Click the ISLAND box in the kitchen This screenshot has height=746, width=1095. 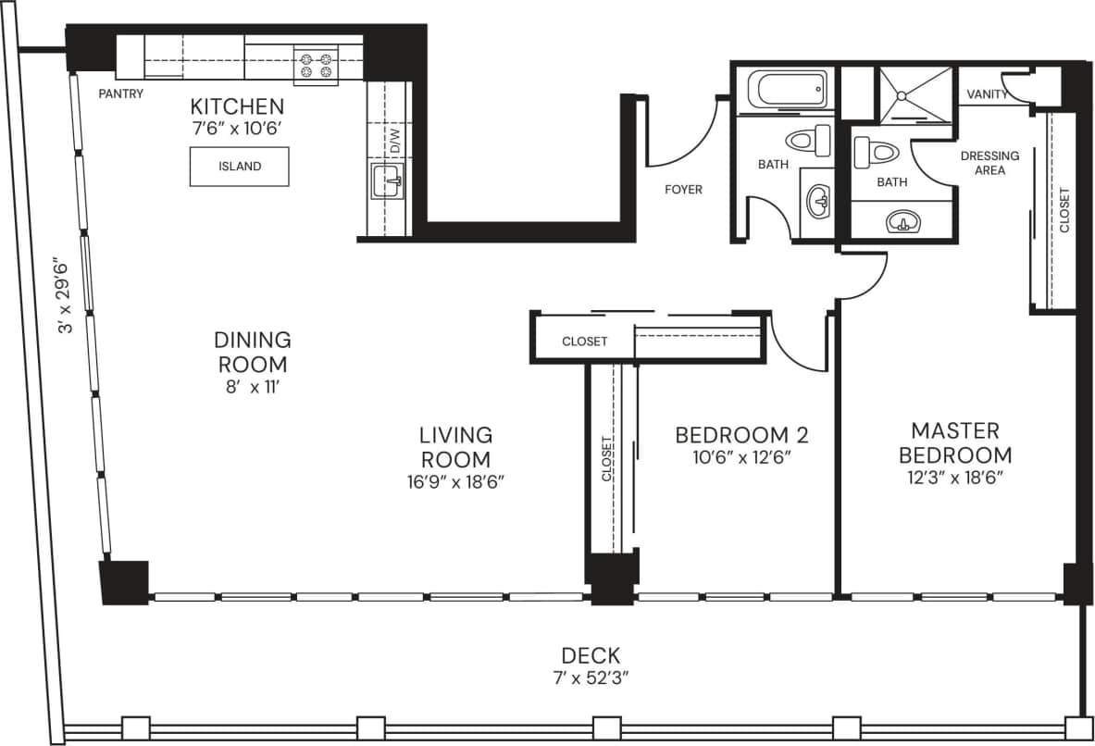239,167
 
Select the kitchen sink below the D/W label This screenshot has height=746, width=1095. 386,182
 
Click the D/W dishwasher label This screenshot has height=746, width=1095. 394,142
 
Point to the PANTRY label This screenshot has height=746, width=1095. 121,93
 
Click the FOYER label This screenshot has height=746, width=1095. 683,190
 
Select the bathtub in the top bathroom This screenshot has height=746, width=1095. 787,92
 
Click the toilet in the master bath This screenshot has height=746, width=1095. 870,150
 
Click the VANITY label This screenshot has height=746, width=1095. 987,94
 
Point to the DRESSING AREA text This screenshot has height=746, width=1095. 989,163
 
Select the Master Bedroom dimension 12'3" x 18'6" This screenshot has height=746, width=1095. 955,479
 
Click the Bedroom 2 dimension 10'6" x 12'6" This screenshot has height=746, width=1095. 741,457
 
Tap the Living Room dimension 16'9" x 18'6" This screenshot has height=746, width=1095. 455,482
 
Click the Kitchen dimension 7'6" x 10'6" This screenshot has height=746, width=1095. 236,128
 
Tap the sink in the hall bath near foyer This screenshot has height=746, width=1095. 817,199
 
